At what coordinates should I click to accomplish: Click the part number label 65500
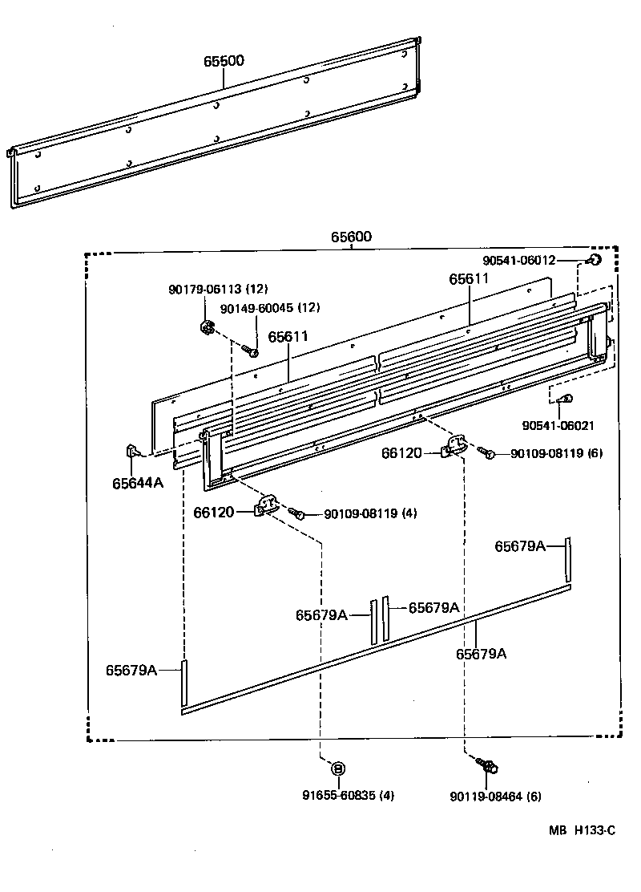pos(224,61)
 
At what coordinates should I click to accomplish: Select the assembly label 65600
pos(351,237)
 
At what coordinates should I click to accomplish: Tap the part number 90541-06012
pos(518,260)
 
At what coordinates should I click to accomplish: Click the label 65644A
pos(137,482)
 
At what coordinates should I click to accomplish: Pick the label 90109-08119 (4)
pos(370,513)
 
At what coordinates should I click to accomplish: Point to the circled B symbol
pos(337,768)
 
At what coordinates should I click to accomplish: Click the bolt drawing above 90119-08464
pos(487,765)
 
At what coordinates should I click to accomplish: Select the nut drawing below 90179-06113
pos(206,327)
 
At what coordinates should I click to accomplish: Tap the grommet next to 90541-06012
pos(594,259)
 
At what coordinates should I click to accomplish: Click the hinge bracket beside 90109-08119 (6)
pos(454,446)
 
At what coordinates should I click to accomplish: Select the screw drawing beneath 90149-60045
pos(251,351)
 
